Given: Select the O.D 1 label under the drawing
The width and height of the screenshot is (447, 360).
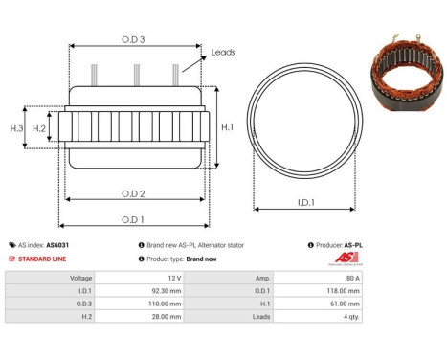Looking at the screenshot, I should [x=133, y=219].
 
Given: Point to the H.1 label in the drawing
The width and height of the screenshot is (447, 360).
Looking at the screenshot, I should [x=226, y=126].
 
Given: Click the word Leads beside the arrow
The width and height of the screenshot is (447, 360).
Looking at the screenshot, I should [x=222, y=52].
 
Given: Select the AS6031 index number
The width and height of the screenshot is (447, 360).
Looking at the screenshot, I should [x=58, y=245].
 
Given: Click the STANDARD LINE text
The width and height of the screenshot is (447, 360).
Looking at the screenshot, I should [x=43, y=259].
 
